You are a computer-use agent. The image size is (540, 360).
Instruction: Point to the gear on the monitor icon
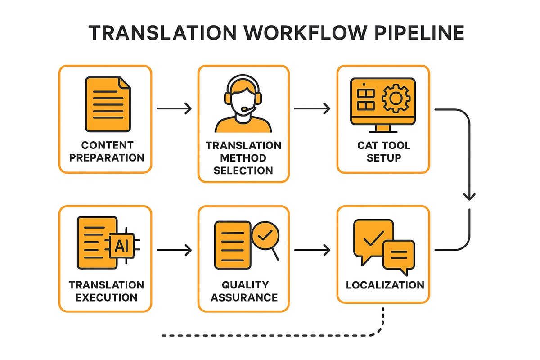395,99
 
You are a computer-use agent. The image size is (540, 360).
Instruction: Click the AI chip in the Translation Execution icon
122,245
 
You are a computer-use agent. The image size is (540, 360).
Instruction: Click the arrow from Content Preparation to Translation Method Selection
174,108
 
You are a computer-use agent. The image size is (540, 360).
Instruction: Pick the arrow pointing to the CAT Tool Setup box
312,108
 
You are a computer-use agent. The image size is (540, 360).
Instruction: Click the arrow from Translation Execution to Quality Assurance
174,249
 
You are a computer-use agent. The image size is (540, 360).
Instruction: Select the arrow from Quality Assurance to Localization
312,249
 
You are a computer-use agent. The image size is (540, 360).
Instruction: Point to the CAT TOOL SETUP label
383,152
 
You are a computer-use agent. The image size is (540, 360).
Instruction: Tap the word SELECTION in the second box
243,171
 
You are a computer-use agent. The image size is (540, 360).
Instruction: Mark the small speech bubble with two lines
399,254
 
